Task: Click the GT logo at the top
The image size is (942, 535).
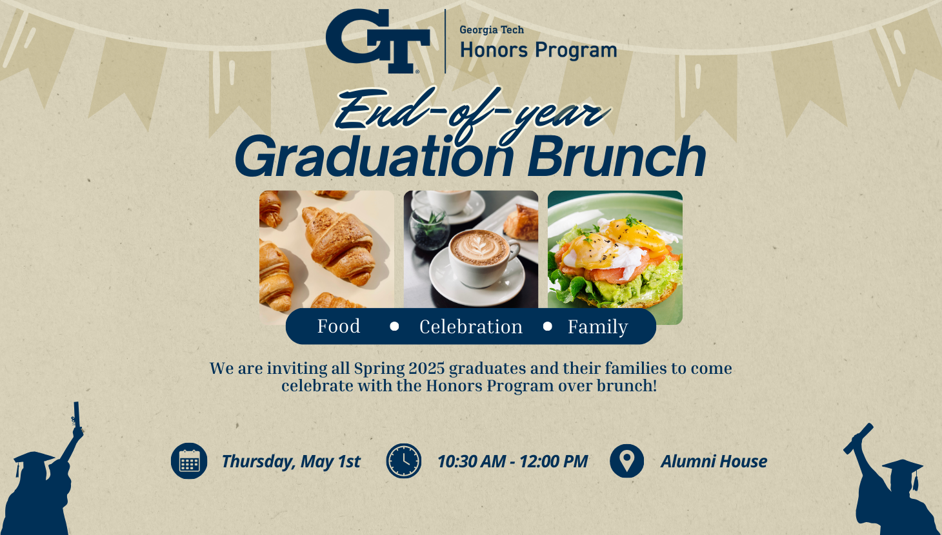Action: coord(377,41)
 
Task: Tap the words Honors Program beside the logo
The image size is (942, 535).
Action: coord(538,50)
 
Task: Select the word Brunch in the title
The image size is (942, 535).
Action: coord(616,157)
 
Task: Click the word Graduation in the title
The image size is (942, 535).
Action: coord(374,157)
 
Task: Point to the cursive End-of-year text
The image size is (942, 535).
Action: coord(471,112)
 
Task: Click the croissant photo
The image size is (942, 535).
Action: coord(326,249)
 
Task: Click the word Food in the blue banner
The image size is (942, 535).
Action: coord(339,326)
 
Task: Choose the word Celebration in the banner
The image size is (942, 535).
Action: coord(471,327)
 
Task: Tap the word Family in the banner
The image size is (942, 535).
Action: coord(597,327)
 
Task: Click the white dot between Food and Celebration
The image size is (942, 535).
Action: coord(394,326)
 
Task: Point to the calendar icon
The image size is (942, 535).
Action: coord(189,461)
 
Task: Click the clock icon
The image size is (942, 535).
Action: coord(404,461)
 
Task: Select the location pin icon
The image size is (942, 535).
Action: coord(626,461)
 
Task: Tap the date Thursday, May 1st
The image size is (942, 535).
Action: coord(290,462)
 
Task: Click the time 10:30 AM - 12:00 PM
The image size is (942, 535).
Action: coord(512,462)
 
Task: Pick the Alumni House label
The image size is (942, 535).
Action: coord(714,462)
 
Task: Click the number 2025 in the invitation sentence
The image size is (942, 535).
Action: coord(426,369)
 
